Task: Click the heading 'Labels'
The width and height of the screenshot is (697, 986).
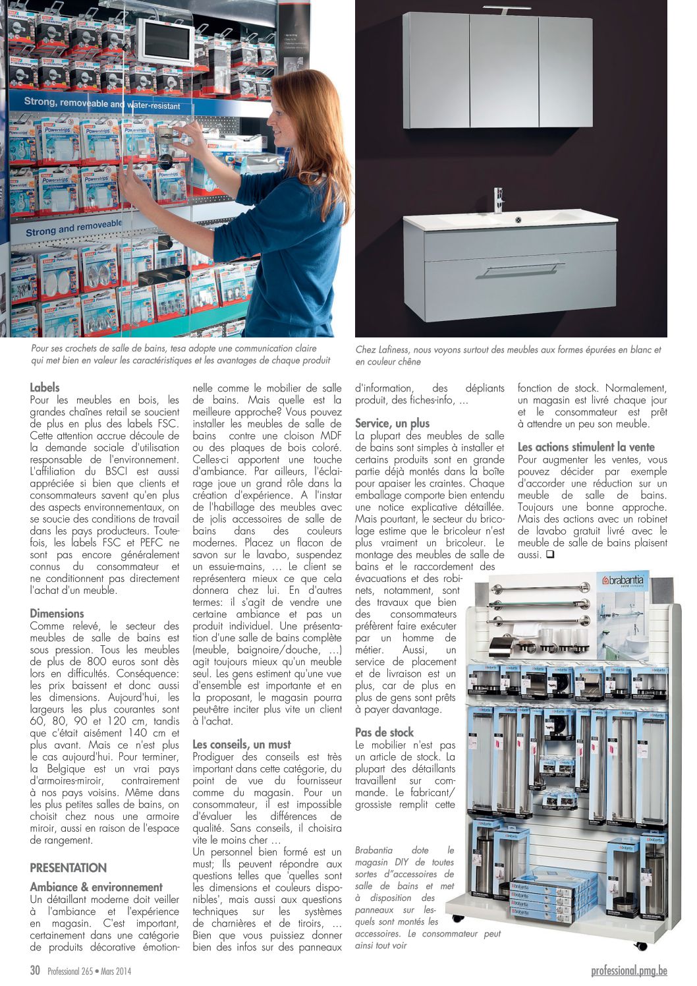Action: click(x=45, y=388)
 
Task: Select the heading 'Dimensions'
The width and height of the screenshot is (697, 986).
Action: click(x=57, y=613)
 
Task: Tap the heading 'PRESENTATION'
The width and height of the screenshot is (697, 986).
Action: click(x=68, y=867)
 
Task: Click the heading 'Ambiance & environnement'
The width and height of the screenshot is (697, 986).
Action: click(x=96, y=887)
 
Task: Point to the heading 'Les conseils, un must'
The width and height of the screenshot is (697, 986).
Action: click(x=241, y=744)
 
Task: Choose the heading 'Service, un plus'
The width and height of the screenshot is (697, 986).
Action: click(x=392, y=423)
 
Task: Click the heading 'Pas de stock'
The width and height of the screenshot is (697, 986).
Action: click(x=384, y=732)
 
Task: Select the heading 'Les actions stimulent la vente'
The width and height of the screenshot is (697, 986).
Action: click(x=586, y=447)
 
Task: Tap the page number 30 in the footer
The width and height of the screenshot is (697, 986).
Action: click(x=36, y=970)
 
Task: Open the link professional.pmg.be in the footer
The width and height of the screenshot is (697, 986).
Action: click(x=629, y=970)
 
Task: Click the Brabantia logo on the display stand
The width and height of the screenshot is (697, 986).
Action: click(x=624, y=581)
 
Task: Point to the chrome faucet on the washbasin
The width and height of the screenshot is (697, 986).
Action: click(x=499, y=200)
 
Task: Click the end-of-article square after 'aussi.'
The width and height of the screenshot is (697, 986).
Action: click(x=550, y=555)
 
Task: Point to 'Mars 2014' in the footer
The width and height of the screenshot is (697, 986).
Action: click(x=116, y=971)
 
